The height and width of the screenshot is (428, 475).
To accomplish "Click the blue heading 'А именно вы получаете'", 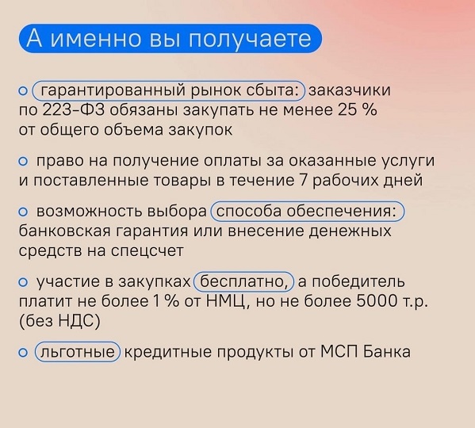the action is pyautogui.click(x=170, y=39).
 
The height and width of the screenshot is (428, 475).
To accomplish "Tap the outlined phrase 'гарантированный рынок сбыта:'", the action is pyautogui.click(x=168, y=90).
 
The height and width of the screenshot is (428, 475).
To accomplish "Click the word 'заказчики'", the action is pyautogui.click(x=350, y=90).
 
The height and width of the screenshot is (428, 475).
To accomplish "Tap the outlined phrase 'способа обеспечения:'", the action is pyautogui.click(x=308, y=212).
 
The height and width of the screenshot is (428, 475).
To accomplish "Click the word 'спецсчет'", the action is pyautogui.click(x=147, y=251).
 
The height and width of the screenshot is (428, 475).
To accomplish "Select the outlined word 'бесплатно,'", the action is pyautogui.click(x=244, y=281).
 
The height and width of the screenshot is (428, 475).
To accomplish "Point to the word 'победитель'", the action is pyautogui.click(x=358, y=281).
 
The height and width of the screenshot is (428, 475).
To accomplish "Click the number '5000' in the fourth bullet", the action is pyautogui.click(x=377, y=301).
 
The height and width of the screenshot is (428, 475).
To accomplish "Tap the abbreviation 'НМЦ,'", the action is pyautogui.click(x=228, y=302).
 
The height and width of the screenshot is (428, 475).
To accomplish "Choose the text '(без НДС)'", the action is pyautogui.click(x=59, y=322).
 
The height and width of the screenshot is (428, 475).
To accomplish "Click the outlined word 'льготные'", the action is pyautogui.click(x=78, y=352).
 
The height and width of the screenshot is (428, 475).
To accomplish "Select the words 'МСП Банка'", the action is pyautogui.click(x=365, y=352).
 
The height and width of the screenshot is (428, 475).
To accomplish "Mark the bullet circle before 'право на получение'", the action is pyautogui.click(x=23, y=162).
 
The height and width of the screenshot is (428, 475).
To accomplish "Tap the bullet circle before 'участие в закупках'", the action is pyautogui.click(x=23, y=282).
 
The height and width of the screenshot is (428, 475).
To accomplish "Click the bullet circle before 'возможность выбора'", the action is pyautogui.click(x=23, y=212).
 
